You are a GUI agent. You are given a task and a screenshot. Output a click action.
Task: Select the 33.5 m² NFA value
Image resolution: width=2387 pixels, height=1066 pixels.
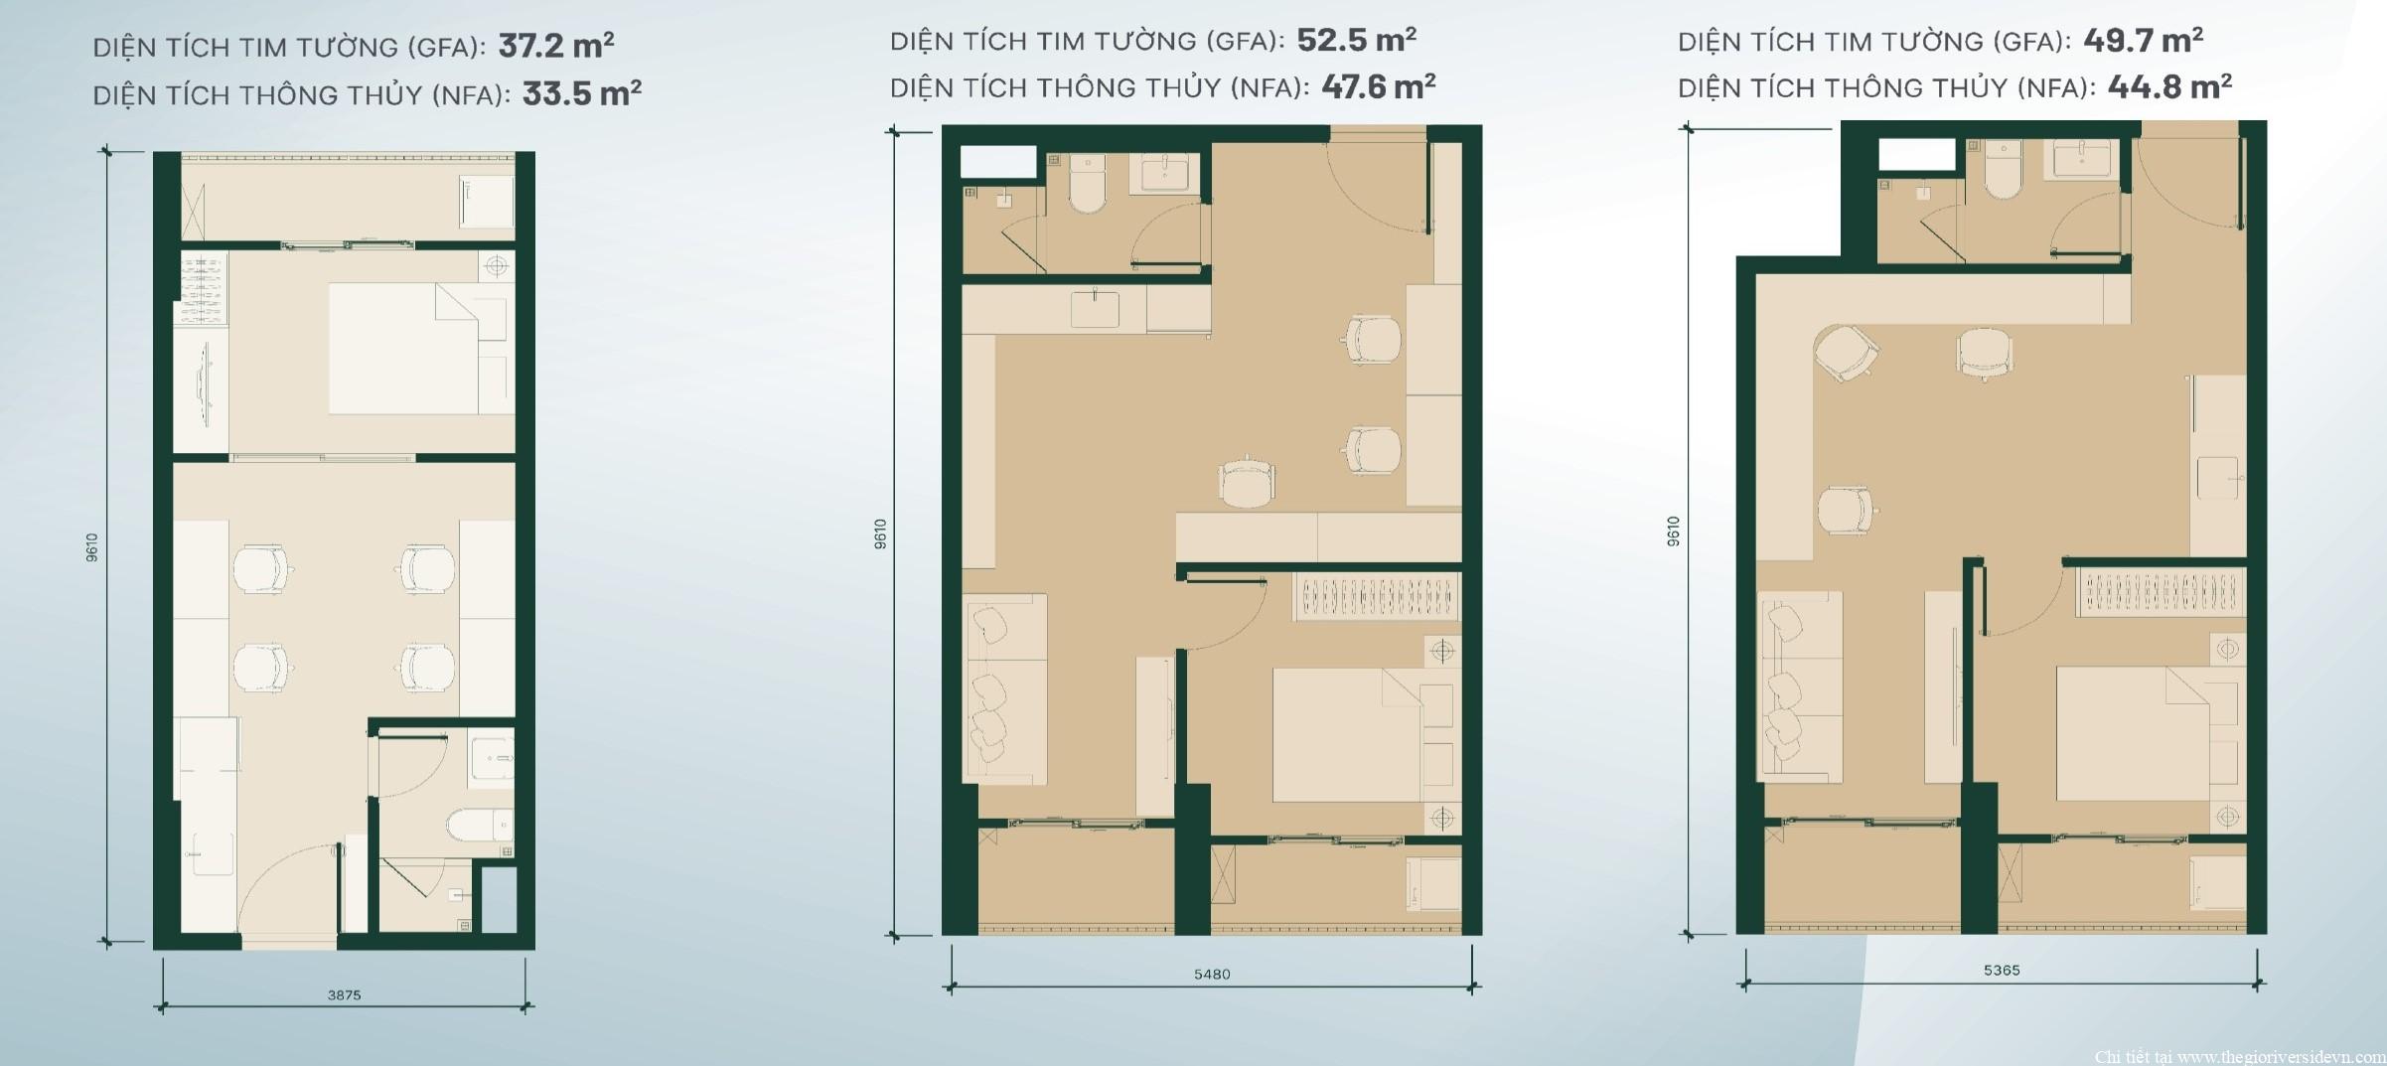(582, 93)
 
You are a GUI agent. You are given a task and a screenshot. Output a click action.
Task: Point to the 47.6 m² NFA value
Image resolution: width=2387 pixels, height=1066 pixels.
(1378, 86)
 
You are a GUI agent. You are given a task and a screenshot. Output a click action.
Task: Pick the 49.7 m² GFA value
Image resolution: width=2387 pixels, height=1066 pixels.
(2143, 40)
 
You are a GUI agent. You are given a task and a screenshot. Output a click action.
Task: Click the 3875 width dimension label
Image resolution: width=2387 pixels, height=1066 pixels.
(344, 994)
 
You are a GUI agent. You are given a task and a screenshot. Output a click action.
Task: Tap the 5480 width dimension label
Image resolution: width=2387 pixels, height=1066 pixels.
(1212, 974)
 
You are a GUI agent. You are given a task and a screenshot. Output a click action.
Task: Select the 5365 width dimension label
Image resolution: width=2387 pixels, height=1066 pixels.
(2002, 970)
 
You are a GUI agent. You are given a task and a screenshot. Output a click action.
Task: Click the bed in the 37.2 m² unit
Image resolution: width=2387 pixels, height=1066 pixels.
(403, 349)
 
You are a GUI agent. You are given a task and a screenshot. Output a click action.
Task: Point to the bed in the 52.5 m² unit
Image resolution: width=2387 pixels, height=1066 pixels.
(1348, 734)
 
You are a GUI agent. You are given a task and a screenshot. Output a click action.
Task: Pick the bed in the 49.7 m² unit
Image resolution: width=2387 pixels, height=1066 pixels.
(2132, 732)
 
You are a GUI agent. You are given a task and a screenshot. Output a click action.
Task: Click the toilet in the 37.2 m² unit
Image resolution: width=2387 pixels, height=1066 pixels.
(480, 825)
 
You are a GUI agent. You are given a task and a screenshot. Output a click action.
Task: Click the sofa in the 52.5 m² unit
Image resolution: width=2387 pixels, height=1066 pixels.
(1005, 690)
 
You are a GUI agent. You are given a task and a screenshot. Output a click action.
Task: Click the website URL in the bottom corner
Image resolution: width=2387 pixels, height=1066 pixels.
(2240, 1056)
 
